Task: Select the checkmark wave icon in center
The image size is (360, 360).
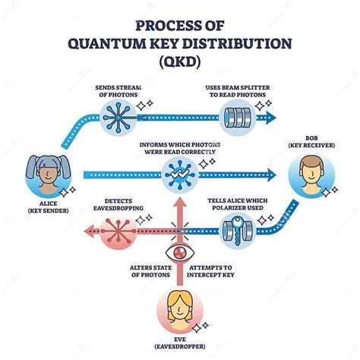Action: [178, 173]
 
